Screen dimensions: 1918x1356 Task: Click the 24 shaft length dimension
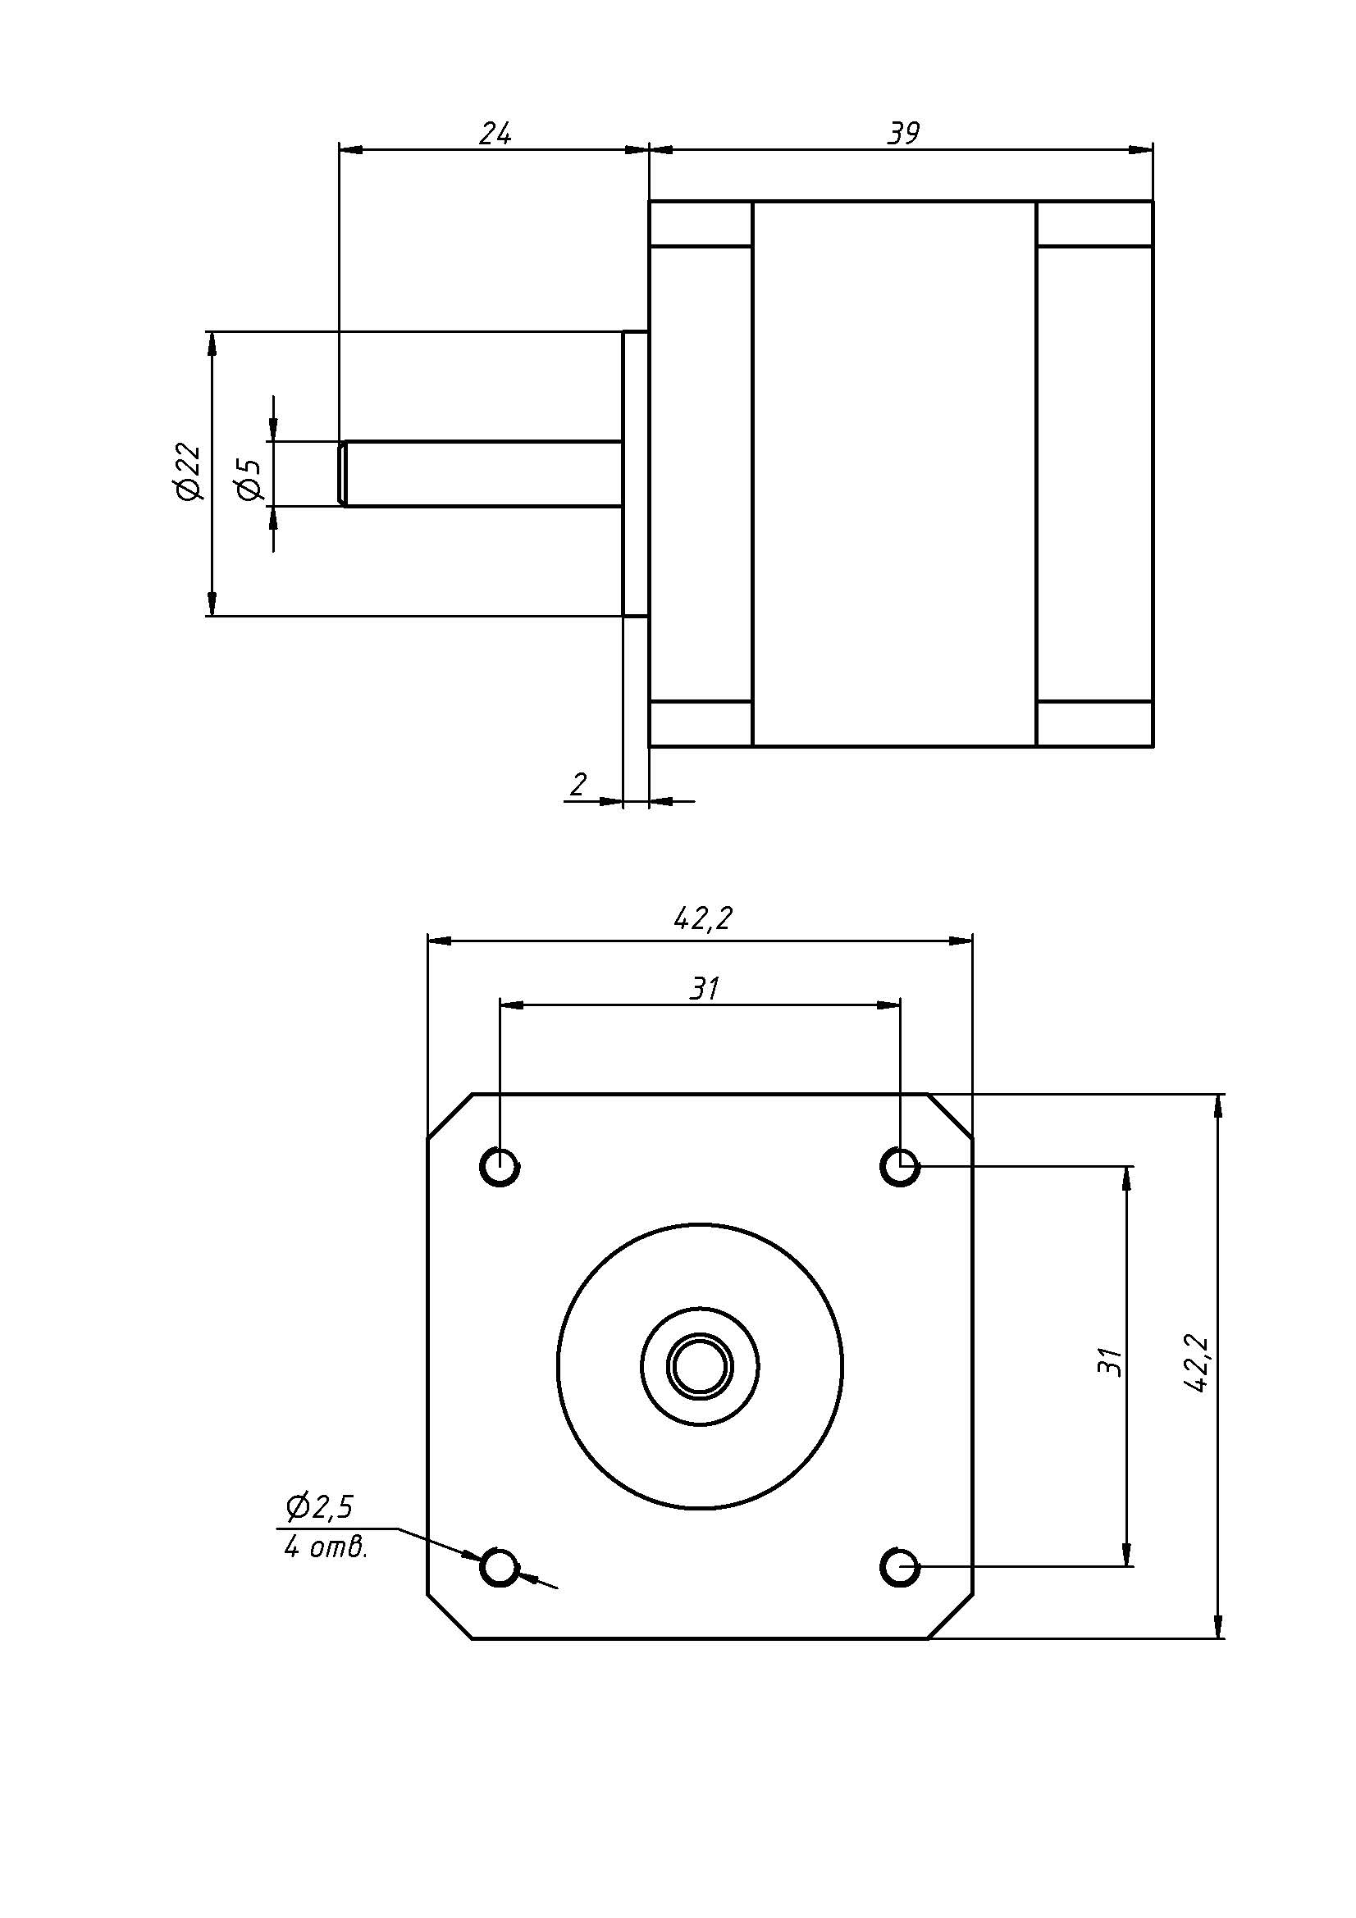click(x=495, y=133)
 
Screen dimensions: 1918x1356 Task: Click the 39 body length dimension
click(x=902, y=133)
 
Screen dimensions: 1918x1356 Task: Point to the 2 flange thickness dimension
click(x=578, y=784)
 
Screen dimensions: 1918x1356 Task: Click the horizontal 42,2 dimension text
click(x=702, y=919)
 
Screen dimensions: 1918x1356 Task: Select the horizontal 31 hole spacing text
click(x=704, y=989)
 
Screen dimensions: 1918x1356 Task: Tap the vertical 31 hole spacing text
click(x=1108, y=1363)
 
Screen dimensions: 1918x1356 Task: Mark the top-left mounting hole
click(x=500, y=1165)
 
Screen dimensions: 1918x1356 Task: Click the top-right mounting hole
click(x=900, y=1165)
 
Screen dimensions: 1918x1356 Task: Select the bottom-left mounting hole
click(x=500, y=1565)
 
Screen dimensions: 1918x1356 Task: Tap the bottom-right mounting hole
click(x=900, y=1565)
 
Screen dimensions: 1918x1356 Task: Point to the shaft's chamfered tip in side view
click(x=343, y=474)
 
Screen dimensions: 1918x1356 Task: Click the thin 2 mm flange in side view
click(x=636, y=474)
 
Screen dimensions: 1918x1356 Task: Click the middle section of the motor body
click(x=894, y=474)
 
